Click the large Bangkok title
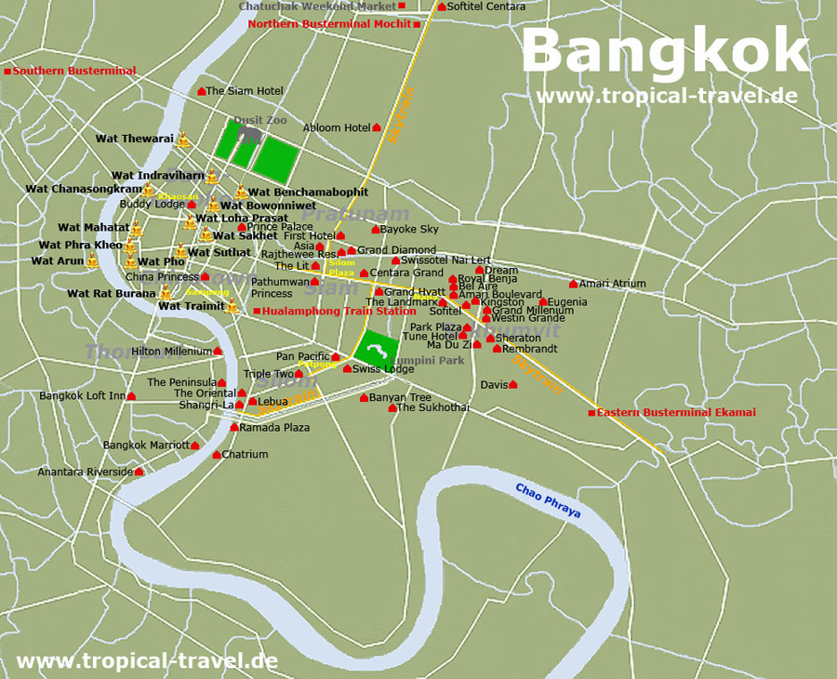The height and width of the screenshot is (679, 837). pyautogui.click(x=664, y=50)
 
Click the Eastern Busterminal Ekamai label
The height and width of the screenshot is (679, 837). pyautogui.click(x=676, y=413)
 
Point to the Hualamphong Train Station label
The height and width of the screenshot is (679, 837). pyautogui.click(x=339, y=312)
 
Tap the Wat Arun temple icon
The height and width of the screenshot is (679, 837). pyautogui.click(x=92, y=260)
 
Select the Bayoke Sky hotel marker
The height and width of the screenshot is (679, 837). pyautogui.click(x=376, y=230)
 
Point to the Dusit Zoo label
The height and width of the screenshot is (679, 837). pyautogui.click(x=260, y=120)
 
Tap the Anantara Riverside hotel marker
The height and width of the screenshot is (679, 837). pyautogui.click(x=139, y=473)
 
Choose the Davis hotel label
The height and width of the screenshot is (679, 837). pyautogui.click(x=493, y=385)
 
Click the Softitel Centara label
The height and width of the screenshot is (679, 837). pyautogui.click(x=485, y=7)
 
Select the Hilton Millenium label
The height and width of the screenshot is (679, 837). pyautogui.click(x=171, y=352)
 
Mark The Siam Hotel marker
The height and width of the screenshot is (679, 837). pyautogui.click(x=202, y=91)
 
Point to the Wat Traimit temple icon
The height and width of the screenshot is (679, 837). pyautogui.click(x=232, y=306)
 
